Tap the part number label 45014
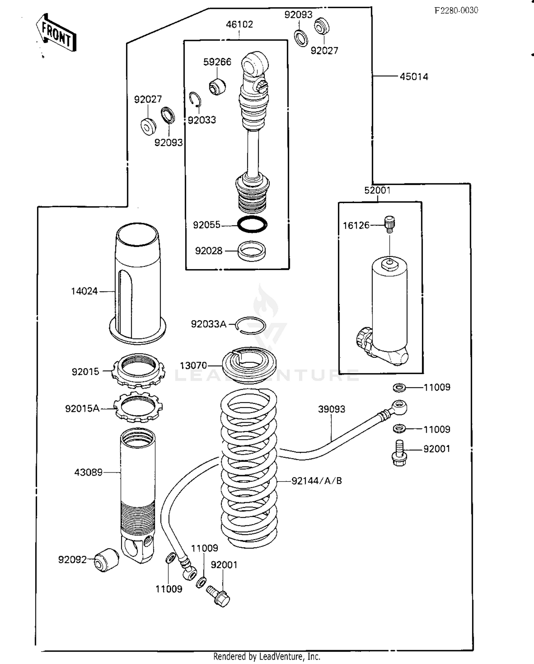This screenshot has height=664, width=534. click(x=414, y=77)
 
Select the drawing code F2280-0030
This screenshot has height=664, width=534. click(x=456, y=10)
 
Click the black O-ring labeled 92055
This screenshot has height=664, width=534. click(x=252, y=225)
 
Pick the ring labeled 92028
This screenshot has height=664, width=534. click(x=251, y=251)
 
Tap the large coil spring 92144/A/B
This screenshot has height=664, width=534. click(x=249, y=467)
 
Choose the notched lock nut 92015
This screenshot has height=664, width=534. click(x=138, y=371)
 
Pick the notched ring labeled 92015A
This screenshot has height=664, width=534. click(x=138, y=407)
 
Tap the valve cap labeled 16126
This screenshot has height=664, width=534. click(x=390, y=223)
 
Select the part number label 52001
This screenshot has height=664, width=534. click(x=377, y=190)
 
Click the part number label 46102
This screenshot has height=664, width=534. click(x=239, y=24)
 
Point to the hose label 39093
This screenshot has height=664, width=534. click(x=331, y=409)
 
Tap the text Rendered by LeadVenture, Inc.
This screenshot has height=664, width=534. click(x=267, y=657)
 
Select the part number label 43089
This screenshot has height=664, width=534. click(x=88, y=472)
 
